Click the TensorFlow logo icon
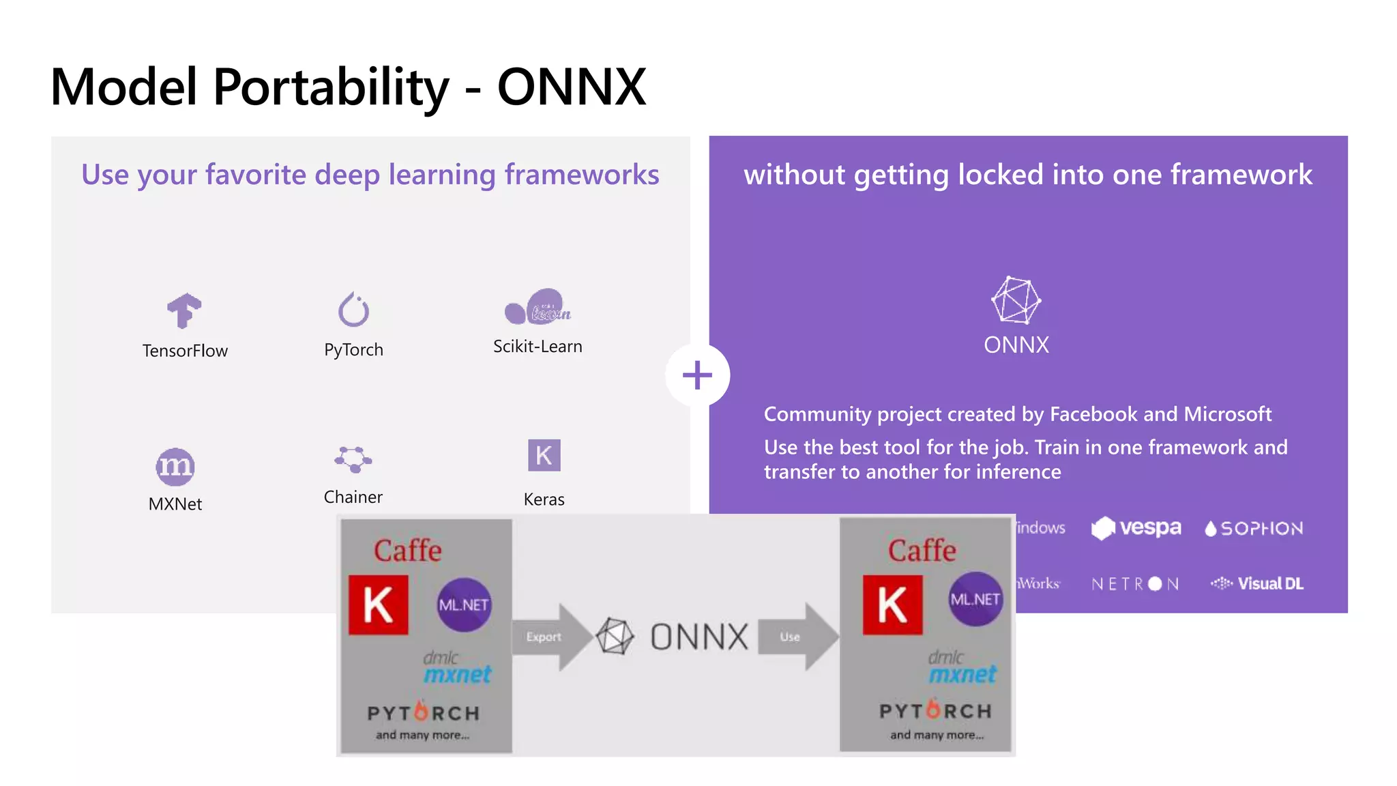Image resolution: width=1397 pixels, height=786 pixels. (184, 310)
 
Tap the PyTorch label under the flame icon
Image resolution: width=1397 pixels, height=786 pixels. (353, 350)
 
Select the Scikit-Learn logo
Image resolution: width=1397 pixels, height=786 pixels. (538, 307)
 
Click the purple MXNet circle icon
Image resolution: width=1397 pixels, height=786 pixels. (175, 467)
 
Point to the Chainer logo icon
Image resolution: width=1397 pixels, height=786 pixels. (353, 459)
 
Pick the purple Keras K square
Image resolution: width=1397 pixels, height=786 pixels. (544, 455)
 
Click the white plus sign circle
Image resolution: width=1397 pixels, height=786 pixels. (697, 375)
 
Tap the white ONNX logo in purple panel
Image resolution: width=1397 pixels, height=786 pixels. (1016, 300)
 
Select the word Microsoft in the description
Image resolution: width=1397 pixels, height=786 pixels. (1227, 414)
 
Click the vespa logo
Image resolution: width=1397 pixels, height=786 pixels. (1136, 528)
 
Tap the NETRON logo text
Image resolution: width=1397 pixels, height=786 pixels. (1135, 584)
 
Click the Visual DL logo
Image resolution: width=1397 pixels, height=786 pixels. (1257, 583)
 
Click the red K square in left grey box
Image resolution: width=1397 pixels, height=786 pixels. (379, 605)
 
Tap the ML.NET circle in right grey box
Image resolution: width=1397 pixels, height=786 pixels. (975, 599)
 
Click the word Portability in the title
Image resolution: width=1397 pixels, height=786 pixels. (331, 87)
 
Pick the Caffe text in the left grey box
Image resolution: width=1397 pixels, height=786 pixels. (407, 551)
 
